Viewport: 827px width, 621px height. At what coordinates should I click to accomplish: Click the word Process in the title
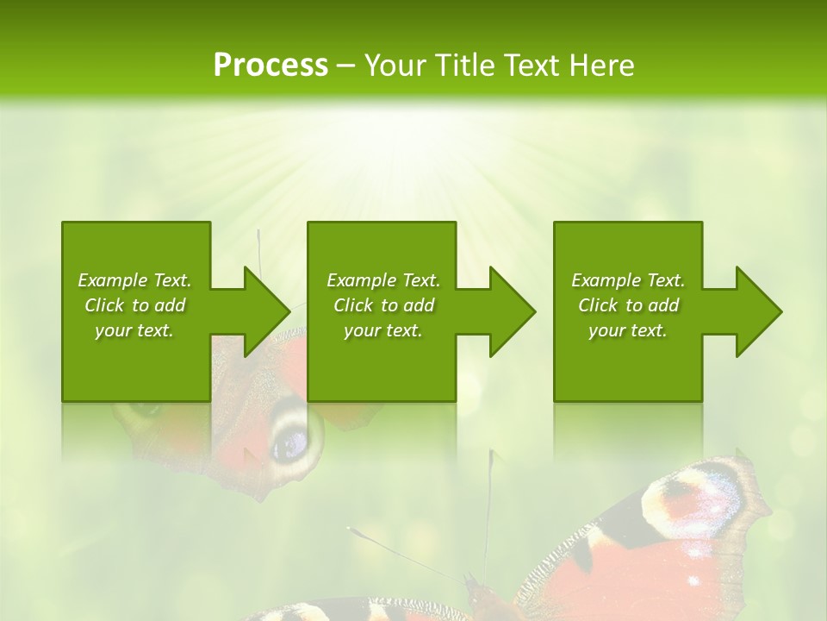point(270,66)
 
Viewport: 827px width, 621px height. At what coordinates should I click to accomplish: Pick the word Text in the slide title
point(533,66)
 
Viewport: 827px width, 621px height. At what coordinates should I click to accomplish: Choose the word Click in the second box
point(354,305)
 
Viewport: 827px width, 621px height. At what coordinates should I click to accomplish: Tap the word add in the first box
point(171,305)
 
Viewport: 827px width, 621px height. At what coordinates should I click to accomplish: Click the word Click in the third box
point(599,305)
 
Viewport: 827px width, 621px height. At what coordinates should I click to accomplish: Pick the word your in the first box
point(113,330)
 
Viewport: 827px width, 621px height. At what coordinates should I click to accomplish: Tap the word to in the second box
point(389,305)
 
